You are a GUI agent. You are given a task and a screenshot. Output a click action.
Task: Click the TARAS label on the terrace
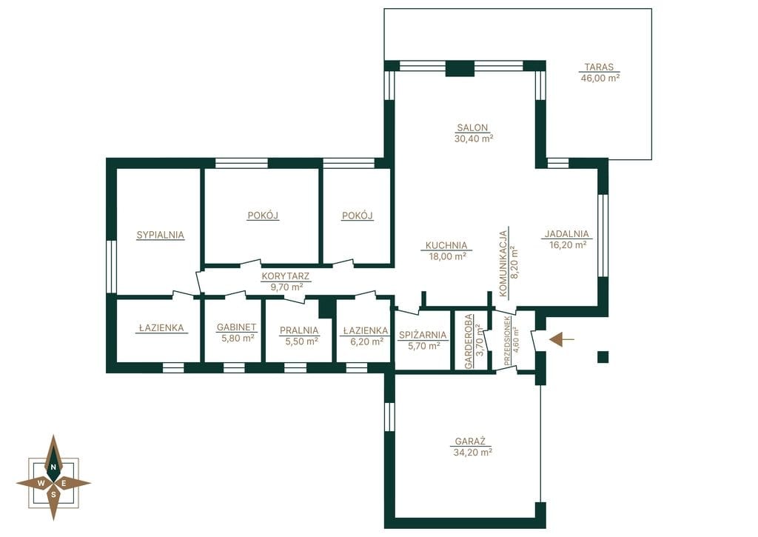tap(599, 67)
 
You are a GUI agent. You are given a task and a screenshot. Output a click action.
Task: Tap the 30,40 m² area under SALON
tap(473, 139)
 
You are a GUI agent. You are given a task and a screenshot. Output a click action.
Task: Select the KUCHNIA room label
tap(446, 245)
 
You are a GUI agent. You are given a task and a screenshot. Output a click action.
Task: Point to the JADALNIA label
tap(567, 234)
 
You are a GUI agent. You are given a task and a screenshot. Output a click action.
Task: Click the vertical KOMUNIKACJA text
tap(503, 263)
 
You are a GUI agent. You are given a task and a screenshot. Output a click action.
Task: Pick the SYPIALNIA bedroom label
tap(160, 235)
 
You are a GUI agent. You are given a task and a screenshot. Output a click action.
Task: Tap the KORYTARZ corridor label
tap(286, 277)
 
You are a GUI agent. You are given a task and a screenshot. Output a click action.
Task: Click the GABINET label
tap(236, 327)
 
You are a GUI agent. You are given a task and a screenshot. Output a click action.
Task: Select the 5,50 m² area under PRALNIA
tap(299, 341)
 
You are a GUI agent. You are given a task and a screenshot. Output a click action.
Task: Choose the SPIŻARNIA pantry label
tap(423, 336)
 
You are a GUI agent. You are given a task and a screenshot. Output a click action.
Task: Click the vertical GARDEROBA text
tap(469, 341)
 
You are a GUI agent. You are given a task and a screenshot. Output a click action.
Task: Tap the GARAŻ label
tap(470, 441)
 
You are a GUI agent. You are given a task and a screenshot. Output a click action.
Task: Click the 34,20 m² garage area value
tap(473, 453)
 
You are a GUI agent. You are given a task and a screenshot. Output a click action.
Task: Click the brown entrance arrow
tap(562, 340)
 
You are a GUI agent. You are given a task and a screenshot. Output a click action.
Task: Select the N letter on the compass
tap(53, 467)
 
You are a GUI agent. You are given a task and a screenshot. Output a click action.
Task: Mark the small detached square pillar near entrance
tap(603, 357)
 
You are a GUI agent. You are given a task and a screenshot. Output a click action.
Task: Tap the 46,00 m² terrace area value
tap(600, 78)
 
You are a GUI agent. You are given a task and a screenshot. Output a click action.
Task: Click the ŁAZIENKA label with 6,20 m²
tap(366, 331)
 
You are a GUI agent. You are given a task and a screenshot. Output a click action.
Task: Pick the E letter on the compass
tap(64, 483)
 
